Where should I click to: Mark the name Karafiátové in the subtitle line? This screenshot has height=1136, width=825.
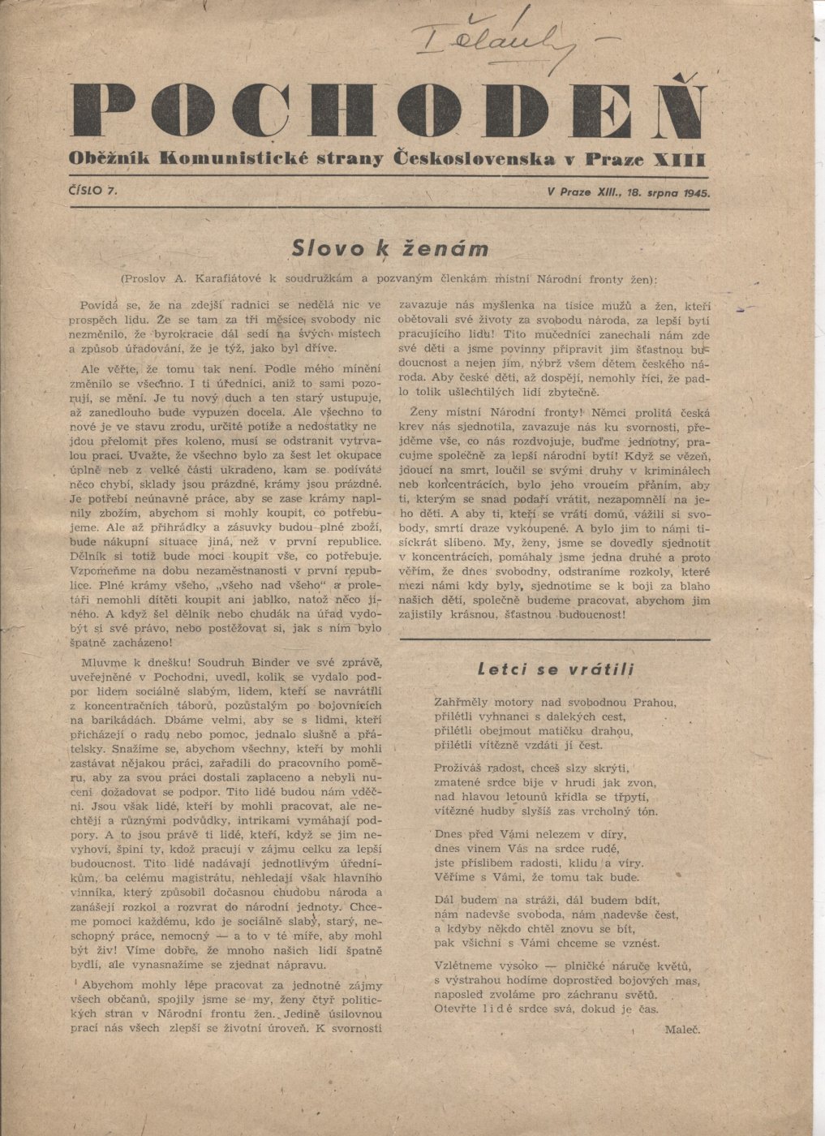(226, 279)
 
